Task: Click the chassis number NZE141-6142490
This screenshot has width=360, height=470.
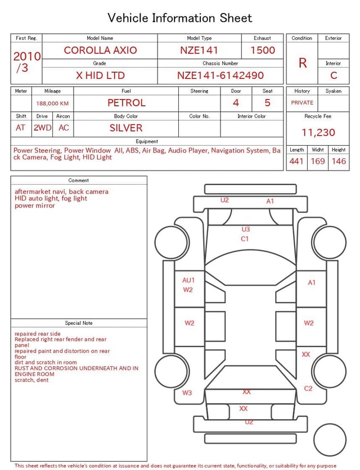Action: point(220,75)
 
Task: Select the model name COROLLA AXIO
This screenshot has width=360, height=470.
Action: point(100,50)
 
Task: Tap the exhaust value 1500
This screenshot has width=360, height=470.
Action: point(263,50)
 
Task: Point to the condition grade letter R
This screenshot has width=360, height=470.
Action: point(303,63)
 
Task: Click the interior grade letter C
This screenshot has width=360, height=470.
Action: point(334,75)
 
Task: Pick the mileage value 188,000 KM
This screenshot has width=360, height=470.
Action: point(52,104)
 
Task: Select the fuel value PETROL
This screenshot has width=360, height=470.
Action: point(127,103)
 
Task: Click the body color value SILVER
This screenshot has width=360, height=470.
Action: point(126,128)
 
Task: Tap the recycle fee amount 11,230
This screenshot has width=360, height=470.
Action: point(318,132)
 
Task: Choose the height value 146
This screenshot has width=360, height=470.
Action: point(339,161)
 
